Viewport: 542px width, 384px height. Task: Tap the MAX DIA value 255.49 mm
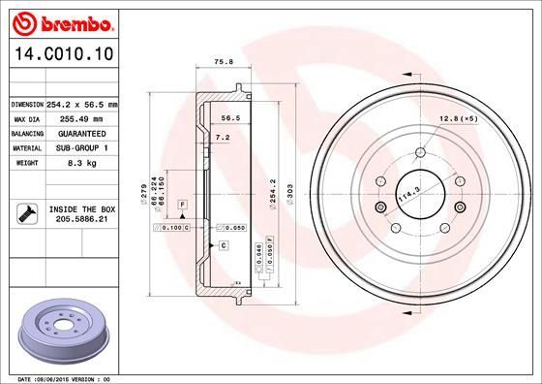(80, 117)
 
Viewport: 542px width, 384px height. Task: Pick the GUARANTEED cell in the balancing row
(81, 133)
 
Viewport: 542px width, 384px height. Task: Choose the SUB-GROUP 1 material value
(81, 147)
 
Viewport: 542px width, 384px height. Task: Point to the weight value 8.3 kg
(81, 163)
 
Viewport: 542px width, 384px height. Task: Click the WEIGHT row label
(25, 163)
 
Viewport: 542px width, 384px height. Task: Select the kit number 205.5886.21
(80, 220)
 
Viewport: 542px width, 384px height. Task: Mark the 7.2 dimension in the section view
(222, 139)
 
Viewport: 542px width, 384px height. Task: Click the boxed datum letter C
(223, 246)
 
